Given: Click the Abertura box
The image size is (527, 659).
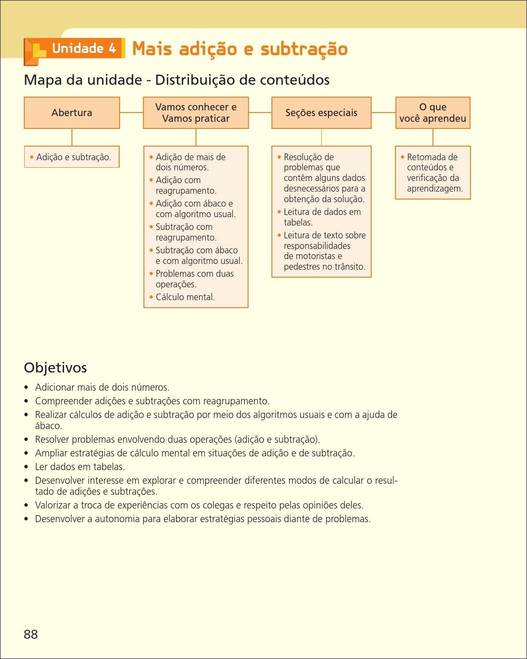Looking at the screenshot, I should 72,113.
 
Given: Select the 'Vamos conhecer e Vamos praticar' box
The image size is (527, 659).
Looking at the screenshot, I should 196,113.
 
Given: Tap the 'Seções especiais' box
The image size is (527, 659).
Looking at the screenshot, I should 321,113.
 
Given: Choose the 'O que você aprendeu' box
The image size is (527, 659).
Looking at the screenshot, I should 433,113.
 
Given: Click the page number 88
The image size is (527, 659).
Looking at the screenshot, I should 31,634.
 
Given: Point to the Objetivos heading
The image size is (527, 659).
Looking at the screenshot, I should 55,367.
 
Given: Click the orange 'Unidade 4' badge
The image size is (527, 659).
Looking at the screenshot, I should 83,49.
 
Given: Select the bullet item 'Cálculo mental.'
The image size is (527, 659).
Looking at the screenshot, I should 185,297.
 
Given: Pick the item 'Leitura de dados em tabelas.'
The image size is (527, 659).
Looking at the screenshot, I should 322,217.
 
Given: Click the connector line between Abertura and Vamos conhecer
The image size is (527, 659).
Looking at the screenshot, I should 132,113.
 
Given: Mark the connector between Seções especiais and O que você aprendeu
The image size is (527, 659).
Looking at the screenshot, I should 383,113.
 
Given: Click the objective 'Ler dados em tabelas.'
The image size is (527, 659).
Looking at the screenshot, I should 80,467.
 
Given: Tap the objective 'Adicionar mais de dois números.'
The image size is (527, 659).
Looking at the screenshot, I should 102,387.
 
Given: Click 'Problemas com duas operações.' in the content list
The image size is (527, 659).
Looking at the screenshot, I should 194,279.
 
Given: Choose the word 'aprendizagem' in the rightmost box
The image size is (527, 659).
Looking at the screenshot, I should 434,188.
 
